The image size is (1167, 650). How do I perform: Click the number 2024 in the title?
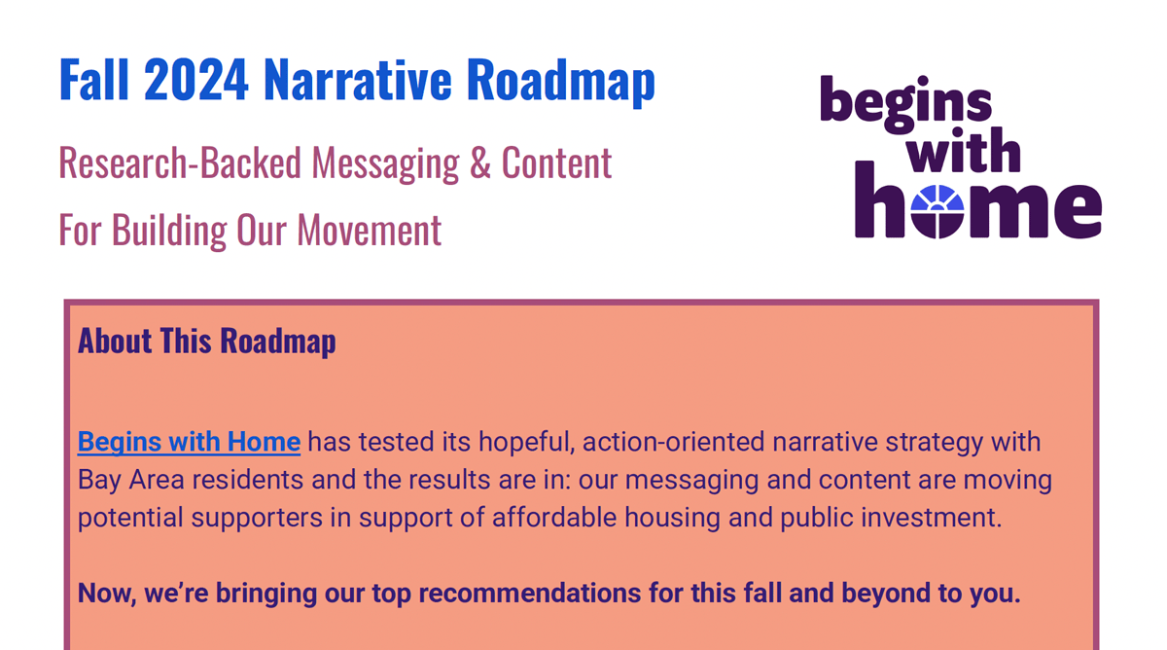(x=195, y=80)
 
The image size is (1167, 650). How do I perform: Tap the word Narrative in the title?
(x=358, y=79)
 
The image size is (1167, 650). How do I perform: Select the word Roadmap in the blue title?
(x=560, y=83)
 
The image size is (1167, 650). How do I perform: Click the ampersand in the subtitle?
(x=479, y=162)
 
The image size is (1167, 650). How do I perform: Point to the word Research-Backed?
(x=180, y=162)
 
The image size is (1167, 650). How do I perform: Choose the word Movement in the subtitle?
(x=370, y=230)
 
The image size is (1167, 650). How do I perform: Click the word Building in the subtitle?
(x=169, y=231)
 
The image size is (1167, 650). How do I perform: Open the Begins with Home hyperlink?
(x=189, y=442)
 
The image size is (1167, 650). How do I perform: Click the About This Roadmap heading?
(x=207, y=341)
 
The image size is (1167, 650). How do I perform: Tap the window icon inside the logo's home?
(x=937, y=211)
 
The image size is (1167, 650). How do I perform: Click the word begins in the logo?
(x=906, y=104)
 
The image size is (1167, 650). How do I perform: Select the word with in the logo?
(x=963, y=150)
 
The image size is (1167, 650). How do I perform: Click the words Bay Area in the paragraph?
(x=130, y=480)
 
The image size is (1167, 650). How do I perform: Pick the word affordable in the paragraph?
(x=554, y=518)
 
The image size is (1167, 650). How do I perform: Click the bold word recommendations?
(x=529, y=594)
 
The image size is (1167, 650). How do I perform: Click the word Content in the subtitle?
(x=556, y=162)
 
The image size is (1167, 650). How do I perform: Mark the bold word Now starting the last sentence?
(x=107, y=595)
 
